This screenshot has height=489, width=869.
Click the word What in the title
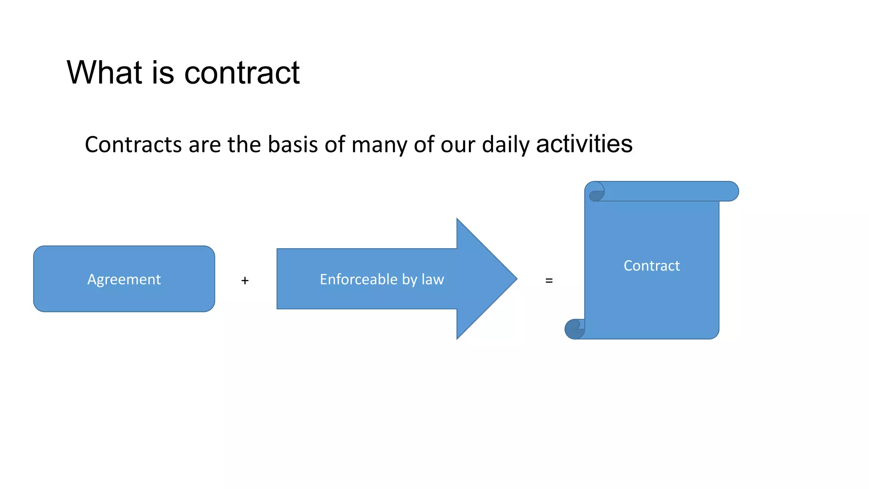(104, 73)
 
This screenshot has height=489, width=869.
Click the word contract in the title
(242, 73)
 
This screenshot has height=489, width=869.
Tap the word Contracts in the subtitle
(133, 144)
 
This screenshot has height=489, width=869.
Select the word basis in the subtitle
(293, 144)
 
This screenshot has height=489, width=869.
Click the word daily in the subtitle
(506, 145)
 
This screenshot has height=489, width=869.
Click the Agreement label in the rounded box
(124, 279)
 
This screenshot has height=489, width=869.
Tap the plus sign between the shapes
(245, 281)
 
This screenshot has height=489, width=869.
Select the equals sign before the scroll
(549, 281)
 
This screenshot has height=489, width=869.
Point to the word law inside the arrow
(433, 279)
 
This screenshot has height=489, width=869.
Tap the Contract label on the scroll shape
(652, 266)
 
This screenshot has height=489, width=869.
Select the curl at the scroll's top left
(597, 192)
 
